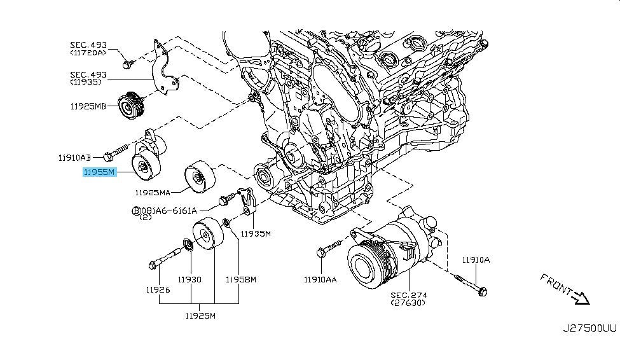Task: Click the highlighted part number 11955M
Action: pos(99,172)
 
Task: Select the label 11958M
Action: pos(241,279)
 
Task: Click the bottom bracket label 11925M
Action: pos(200,315)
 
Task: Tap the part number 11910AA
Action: pos(321,279)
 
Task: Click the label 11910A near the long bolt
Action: pos(477,260)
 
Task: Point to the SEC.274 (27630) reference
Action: pos(408,299)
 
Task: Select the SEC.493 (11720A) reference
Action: pos(88,49)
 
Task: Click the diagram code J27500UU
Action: pos(589,329)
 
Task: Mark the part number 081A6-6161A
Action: pos(169,211)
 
